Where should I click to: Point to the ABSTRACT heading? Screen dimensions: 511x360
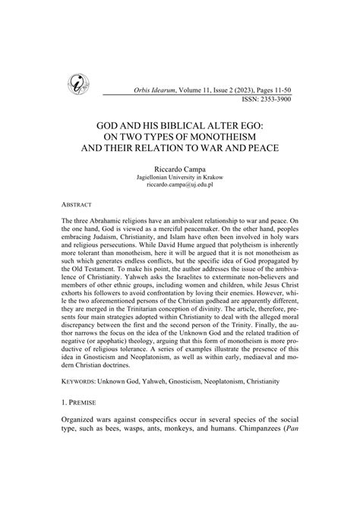78,205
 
